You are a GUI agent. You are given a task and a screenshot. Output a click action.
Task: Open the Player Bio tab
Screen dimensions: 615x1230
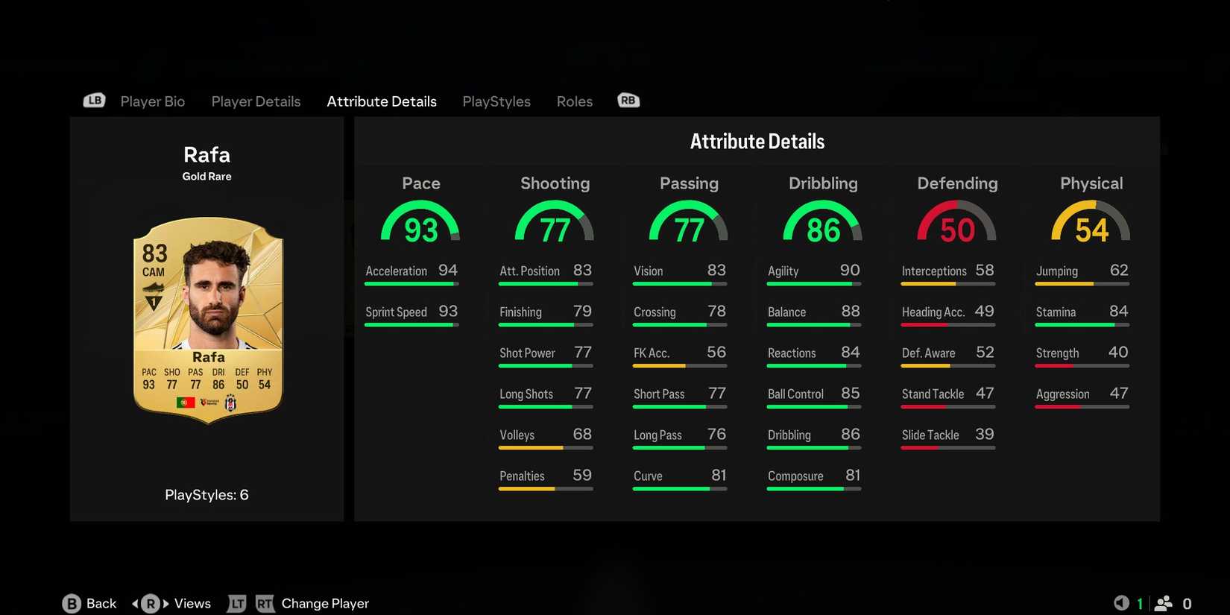click(x=152, y=101)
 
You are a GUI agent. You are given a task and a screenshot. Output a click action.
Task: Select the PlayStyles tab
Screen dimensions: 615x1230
click(x=496, y=101)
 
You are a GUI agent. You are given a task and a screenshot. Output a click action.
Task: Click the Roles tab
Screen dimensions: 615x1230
click(x=574, y=101)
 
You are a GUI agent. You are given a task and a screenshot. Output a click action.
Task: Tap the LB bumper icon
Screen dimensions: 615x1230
click(x=94, y=101)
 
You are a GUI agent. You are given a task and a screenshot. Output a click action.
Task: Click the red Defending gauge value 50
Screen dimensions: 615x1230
click(x=957, y=230)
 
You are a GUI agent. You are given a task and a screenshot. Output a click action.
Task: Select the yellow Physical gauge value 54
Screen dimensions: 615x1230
click(x=1091, y=230)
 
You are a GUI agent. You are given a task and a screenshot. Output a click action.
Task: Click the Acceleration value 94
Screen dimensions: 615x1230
click(x=448, y=271)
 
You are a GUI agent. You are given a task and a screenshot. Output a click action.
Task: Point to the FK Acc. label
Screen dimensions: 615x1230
click(x=652, y=353)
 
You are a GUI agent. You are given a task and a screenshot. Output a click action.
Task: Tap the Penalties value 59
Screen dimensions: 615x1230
click(x=582, y=476)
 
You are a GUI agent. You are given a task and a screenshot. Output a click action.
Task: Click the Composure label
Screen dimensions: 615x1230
click(x=795, y=476)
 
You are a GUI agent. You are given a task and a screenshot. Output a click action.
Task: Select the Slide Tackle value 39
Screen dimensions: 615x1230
click(x=985, y=435)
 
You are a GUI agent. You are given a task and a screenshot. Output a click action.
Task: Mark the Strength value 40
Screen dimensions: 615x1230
click(x=1118, y=353)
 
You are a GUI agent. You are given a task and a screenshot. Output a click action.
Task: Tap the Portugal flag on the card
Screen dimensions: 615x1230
click(x=186, y=403)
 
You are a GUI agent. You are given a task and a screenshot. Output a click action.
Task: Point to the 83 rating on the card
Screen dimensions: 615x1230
click(x=155, y=253)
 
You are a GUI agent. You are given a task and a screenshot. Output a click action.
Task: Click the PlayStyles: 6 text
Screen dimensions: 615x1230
click(x=206, y=495)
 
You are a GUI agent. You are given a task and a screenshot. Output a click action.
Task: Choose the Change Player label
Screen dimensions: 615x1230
click(x=325, y=604)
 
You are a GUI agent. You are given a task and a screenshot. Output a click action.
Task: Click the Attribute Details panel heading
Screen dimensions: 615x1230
click(x=757, y=142)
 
